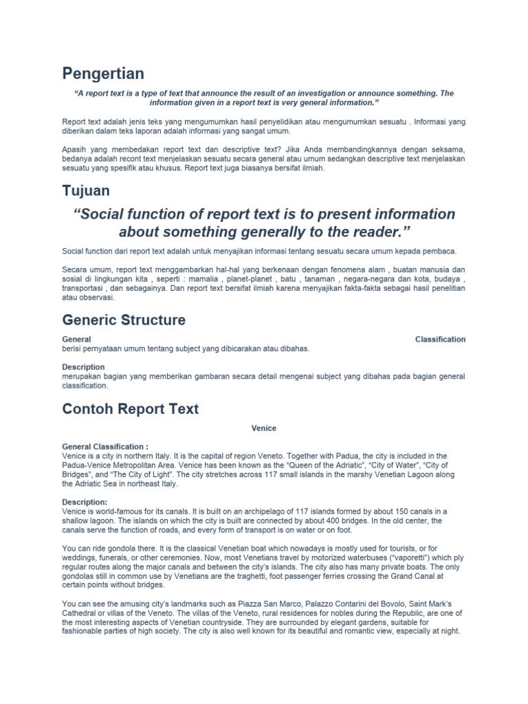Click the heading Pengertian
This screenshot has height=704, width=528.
103,73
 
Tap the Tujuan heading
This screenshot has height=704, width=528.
86,190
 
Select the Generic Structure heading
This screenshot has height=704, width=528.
124,320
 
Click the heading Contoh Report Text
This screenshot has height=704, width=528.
131,409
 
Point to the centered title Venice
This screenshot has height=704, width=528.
264,428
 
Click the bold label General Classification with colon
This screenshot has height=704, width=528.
105,446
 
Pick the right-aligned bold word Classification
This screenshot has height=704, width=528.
440,339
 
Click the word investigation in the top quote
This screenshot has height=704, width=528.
333,93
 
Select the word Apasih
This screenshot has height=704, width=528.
74,148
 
